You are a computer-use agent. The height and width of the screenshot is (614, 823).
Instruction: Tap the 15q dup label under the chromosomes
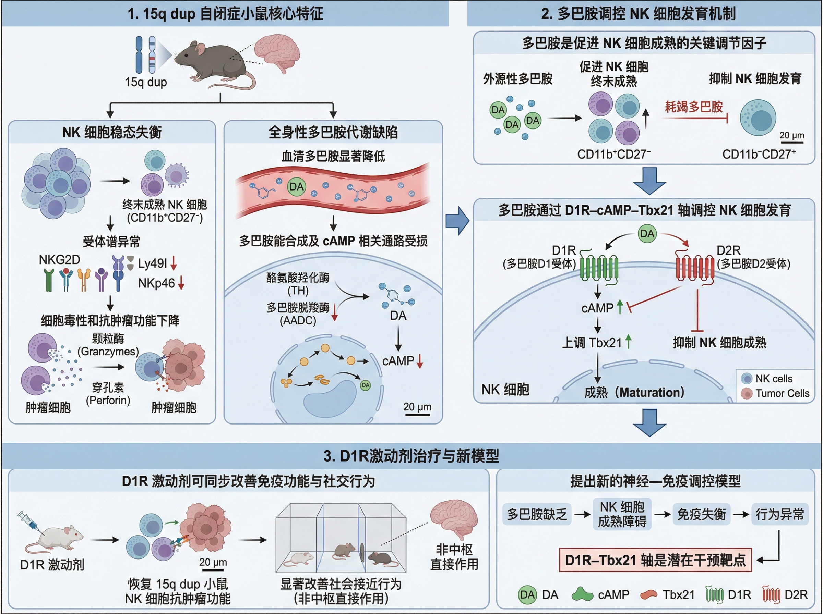[x=146, y=82]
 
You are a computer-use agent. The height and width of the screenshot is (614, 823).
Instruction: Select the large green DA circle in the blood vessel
[x=296, y=187]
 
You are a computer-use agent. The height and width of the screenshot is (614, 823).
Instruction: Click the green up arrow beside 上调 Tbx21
[x=629, y=342]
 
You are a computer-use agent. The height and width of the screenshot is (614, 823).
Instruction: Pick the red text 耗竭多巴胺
[x=694, y=107]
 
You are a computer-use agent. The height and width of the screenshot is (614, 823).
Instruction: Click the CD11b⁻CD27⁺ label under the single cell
[x=759, y=154]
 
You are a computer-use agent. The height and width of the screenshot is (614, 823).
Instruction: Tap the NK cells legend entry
[x=774, y=378]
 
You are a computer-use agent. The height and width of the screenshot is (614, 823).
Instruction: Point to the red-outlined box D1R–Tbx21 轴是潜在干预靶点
[x=655, y=560]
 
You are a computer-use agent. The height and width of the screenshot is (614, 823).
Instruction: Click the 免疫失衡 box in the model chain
[x=701, y=514]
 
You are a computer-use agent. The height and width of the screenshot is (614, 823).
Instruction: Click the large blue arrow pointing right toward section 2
[x=457, y=221]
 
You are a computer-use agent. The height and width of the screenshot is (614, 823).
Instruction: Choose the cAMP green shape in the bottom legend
[x=582, y=594]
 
